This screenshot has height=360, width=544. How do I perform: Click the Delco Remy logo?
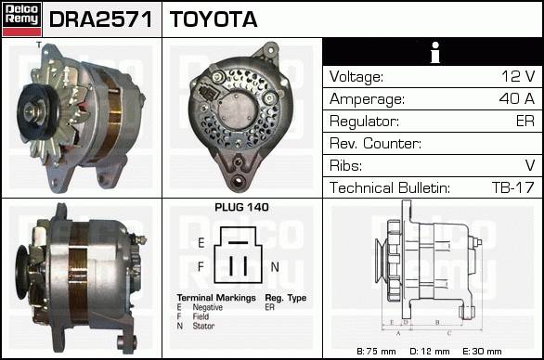pyautogui.click(x=21, y=19)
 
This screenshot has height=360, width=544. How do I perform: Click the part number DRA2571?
pyautogui.click(x=101, y=19)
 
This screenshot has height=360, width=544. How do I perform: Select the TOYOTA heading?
pyautogui.click(x=214, y=19)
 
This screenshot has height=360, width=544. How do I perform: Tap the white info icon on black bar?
pyautogui.click(x=435, y=52)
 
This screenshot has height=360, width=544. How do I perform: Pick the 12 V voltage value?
pyautogui.click(x=518, y=76)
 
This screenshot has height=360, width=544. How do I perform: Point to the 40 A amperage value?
pyautogui.click(x=516, y=98)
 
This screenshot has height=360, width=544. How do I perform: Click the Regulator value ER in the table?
pyautogui.click(x=525, y=121)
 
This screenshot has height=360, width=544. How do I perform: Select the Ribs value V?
pyautogui.click(x=530, y=165)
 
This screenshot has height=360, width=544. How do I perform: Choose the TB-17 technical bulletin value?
pyautogui.click(x=512, y=187)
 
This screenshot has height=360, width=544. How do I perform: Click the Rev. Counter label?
pyautogui.click(x=375, y=143)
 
